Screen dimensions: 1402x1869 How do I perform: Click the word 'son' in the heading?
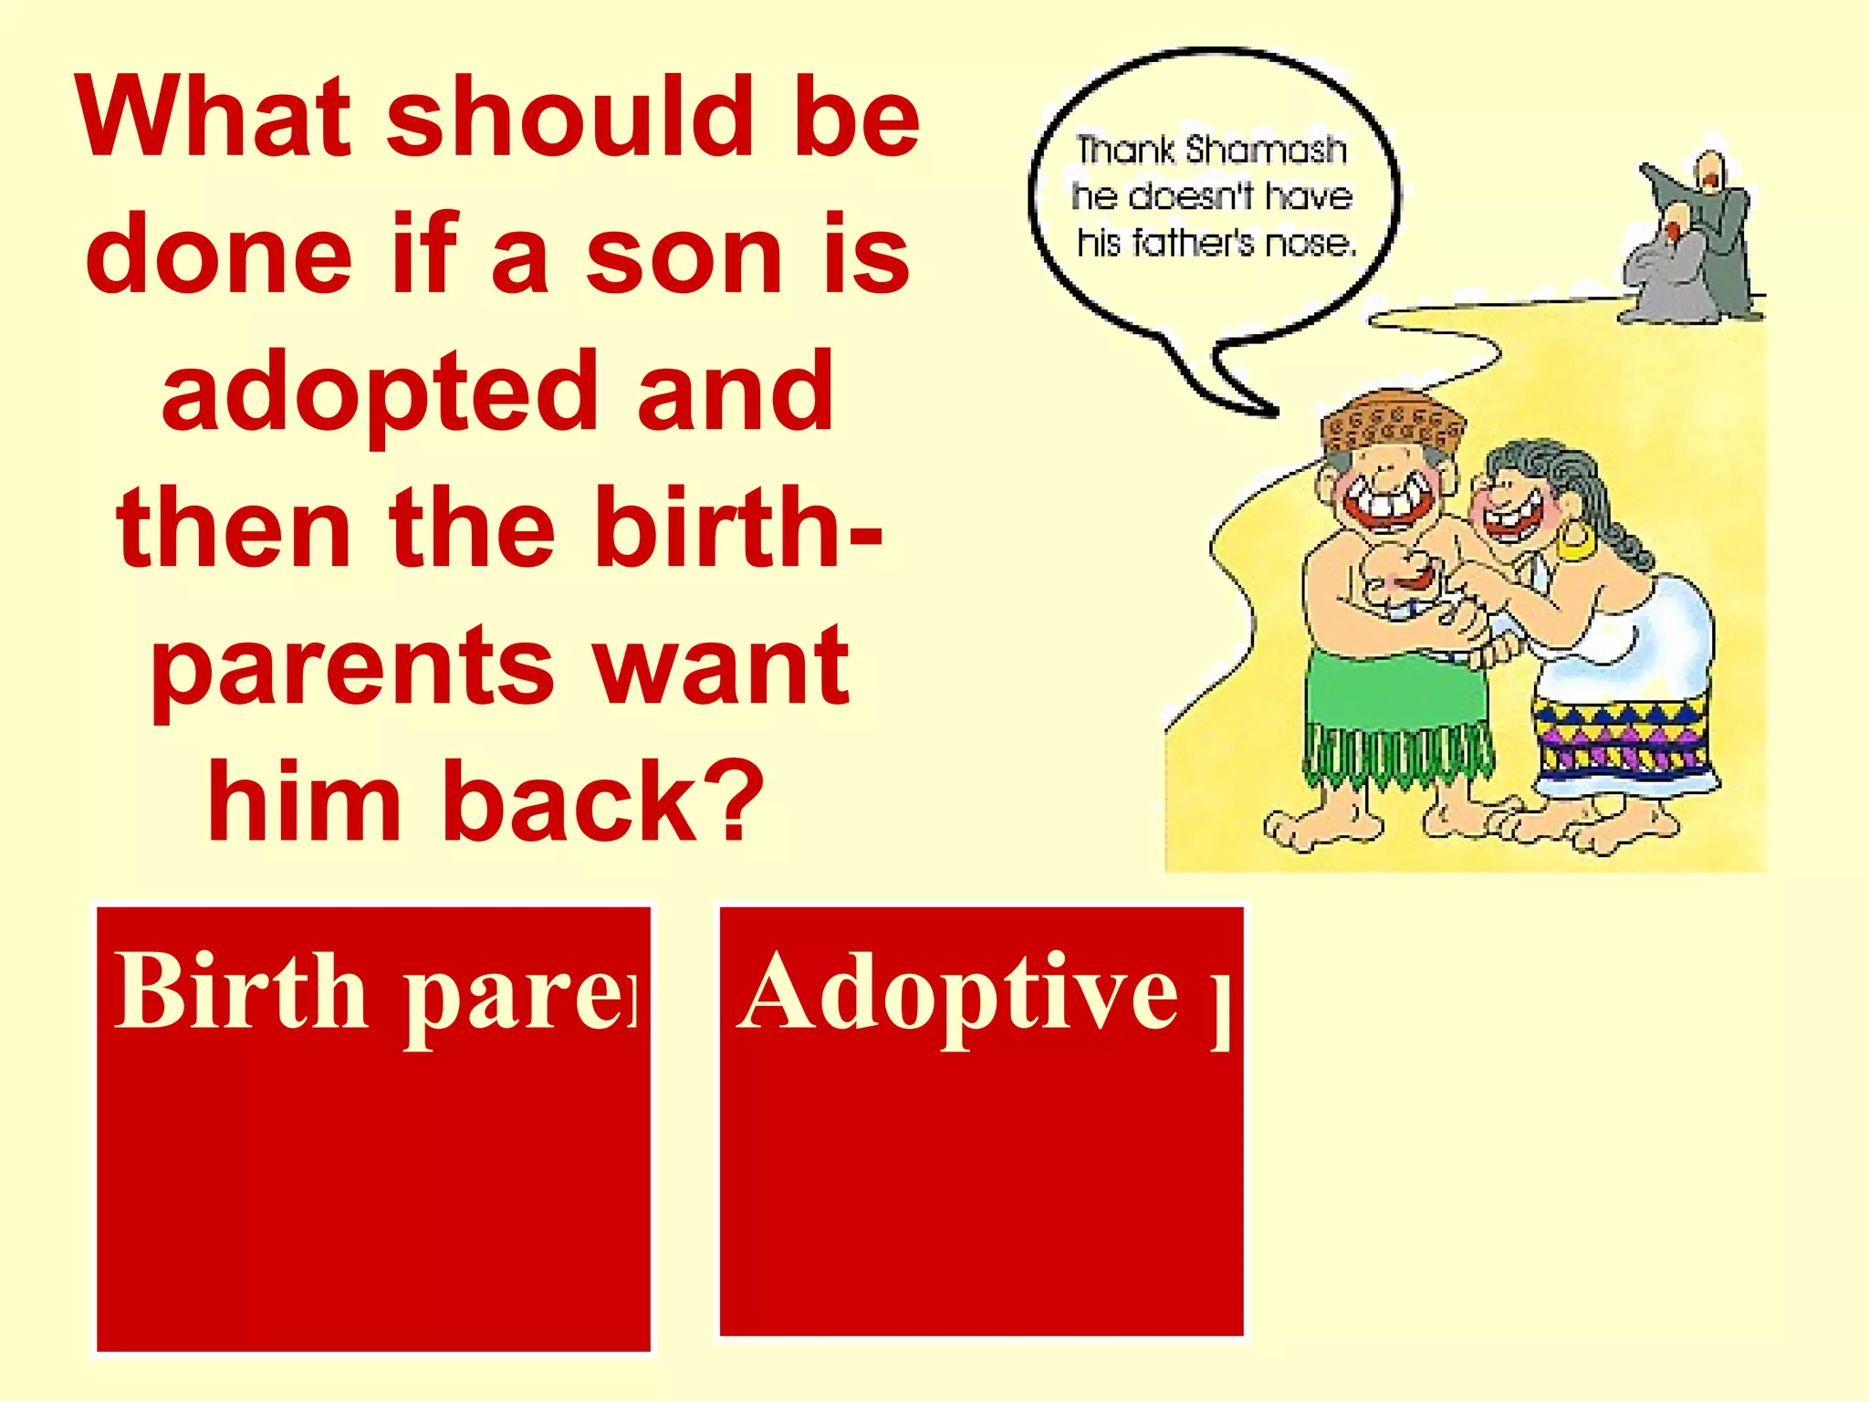(684, 256)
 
